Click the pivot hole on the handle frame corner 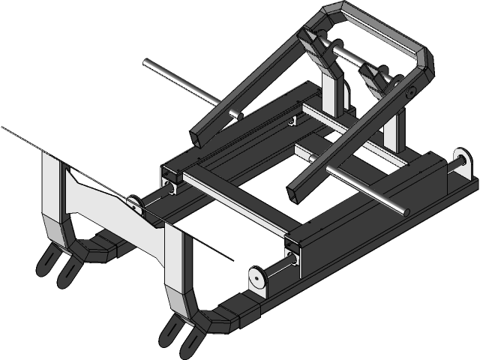[412, 93]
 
